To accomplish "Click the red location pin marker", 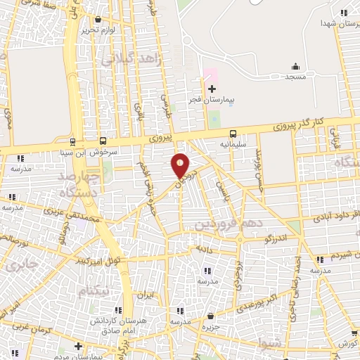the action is click(x=181, y=165).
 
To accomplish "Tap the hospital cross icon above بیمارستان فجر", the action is click(x=212, y=89).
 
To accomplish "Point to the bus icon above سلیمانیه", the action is click(x=232, y=133).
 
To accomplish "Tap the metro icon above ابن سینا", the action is click(x=72, y=140).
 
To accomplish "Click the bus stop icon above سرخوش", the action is click(x=103, y=140).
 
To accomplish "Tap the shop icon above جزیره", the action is click(x=217, y=316).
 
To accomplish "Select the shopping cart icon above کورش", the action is click(x=349, y=333).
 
